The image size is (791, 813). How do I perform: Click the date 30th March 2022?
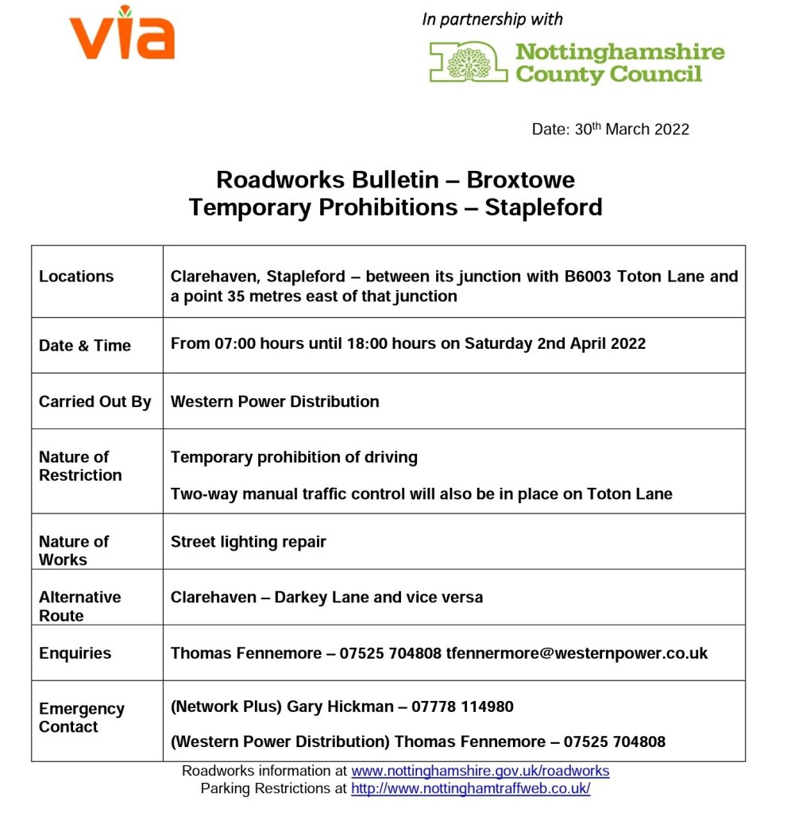point(632,130)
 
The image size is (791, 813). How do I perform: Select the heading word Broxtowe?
point(520,180)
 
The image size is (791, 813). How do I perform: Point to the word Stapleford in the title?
point(543,207)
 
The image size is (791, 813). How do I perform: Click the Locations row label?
point(76,277)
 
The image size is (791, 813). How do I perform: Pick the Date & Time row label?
point(85,346)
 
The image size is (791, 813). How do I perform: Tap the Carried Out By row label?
point(95,401)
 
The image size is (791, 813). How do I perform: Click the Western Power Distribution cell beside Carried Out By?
point(275,401)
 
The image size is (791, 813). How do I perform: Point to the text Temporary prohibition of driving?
point(294,457)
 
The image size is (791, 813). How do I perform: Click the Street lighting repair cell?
point(249,542)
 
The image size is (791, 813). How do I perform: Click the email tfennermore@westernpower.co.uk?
point(577,653)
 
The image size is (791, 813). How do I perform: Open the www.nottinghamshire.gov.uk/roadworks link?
point(480,771)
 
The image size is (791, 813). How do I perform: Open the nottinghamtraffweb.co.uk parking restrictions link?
point(471,788)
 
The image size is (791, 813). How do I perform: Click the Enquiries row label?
point(75,653)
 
